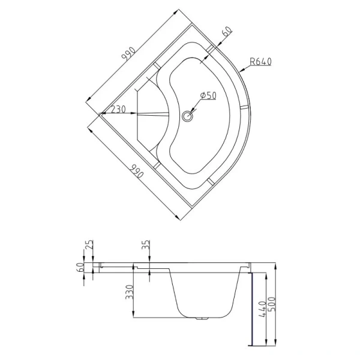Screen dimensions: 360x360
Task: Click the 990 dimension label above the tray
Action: coord(129,54)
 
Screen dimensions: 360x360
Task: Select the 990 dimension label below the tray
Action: coord(136,171)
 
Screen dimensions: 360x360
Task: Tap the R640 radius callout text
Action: coord(260,62)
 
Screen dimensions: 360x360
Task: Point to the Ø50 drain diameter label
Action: coord(208,95)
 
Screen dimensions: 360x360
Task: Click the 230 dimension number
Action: coord(118,109)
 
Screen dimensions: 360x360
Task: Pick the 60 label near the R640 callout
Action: coord(227,32)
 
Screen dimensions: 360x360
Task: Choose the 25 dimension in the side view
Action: coord(90,245)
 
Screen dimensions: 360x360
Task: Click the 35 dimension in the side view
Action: coord(146,245)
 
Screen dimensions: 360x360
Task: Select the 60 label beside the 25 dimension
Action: coord(80,268)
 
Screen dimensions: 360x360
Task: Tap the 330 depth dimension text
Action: coord(130,292)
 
